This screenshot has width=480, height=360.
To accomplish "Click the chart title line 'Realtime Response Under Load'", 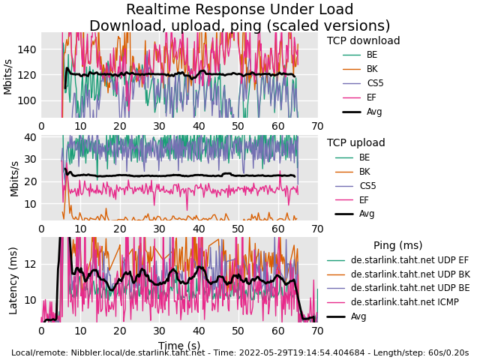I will (239, 10).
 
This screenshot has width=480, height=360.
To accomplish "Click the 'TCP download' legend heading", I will (363, 41).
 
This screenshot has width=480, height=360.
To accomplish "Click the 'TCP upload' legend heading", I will (355, 143).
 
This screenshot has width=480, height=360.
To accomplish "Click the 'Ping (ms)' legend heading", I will (397, 246).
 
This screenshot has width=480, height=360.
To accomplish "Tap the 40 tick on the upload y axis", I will (30, 137).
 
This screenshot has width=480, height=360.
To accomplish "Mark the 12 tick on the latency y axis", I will (30, 264).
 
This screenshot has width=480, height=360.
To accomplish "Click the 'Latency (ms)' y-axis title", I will (13, 280).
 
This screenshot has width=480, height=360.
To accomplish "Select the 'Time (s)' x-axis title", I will (179, 346).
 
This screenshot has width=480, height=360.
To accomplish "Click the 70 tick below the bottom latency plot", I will (317, 331).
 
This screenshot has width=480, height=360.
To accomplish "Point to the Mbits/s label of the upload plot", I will (13, 177).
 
